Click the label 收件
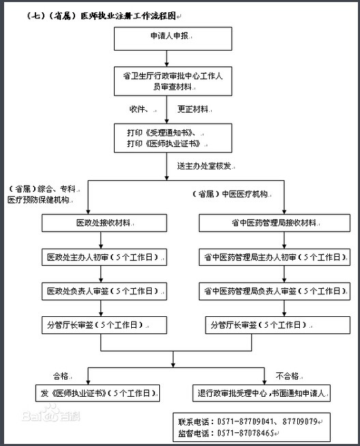140,109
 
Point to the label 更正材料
193,109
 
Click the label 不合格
288,375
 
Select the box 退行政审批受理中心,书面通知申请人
263,393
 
